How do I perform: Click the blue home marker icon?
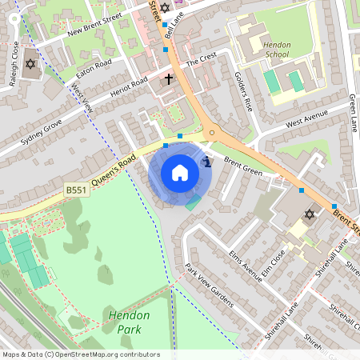[180, 173]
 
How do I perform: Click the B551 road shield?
[76, 190]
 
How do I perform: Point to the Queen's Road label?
[112, 169]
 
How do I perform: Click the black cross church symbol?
[168, 79]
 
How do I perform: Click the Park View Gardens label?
[209, 285]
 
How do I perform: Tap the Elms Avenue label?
[246, 266]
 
